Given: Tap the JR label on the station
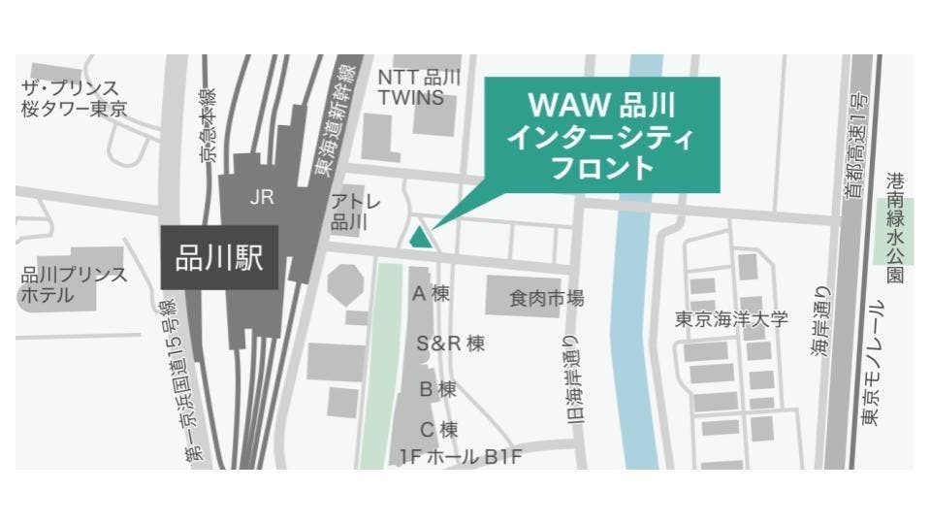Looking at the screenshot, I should tap(261, 198).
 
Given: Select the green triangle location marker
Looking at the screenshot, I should tap(420, 236).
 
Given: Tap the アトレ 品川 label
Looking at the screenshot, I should tap(348, 212).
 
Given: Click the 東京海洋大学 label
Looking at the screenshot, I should tap(733, 319).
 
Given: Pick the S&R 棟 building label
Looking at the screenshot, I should tap(450, 343).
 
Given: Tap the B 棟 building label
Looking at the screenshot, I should tap(437, 389).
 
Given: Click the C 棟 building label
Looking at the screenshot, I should tap(438, 429).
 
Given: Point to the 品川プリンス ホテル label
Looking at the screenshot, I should tap(74, 283).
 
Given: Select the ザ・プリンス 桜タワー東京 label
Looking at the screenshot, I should tap(74, 98).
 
